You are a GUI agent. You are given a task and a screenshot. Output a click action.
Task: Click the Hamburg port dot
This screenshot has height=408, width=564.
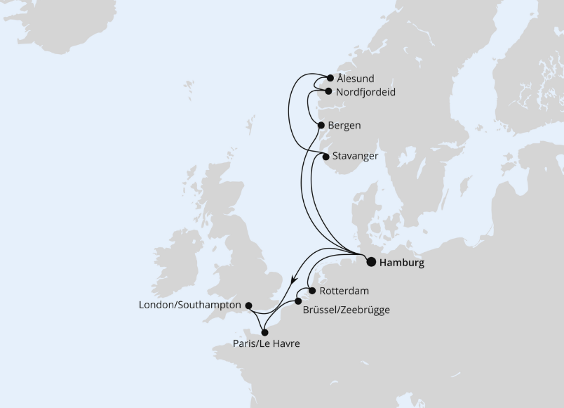click(371, 263)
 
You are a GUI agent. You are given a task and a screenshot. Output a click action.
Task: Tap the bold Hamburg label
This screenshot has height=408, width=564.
click(401, 263)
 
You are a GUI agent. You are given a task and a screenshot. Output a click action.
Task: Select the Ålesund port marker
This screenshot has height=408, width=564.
click(330, 78)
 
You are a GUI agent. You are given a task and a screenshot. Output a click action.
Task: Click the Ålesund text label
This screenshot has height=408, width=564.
click(355, 79)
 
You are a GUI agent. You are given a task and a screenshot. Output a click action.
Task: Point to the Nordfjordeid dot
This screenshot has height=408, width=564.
click(328, 91)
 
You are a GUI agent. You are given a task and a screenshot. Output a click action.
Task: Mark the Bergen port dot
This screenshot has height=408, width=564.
click(321, 125)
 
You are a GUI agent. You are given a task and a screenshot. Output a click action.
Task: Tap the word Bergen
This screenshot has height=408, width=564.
click(344, 126)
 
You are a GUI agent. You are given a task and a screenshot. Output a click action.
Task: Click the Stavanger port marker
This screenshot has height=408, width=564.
click(325, 157)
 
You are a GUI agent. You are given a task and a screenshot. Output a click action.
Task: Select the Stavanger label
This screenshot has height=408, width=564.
click(355, 156)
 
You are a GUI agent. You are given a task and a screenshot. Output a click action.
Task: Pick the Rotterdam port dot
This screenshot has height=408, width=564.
click(311, 290)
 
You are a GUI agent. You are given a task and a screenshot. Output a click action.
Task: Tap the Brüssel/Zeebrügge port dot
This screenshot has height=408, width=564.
click(298, 301)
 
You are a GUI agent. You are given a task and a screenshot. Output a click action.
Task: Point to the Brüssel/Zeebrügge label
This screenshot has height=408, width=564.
click(347, 309)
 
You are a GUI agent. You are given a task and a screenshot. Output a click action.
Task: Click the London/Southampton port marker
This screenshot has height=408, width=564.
click(248, 305)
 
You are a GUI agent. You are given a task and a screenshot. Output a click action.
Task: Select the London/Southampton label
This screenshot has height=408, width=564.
click(191, 305)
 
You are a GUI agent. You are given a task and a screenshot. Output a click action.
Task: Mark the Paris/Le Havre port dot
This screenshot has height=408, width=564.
click(264, 332)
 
